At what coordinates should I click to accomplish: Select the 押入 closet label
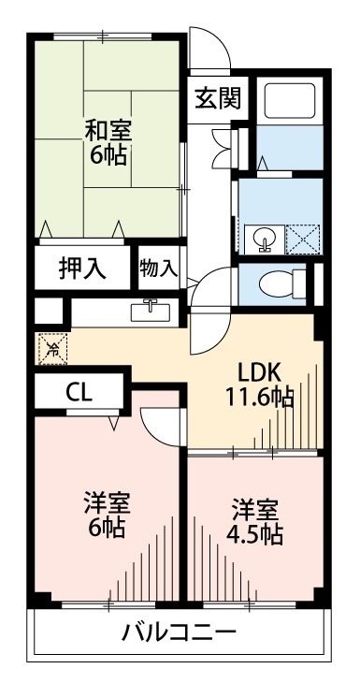pos(82,267)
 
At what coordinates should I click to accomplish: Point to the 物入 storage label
pos(158,267)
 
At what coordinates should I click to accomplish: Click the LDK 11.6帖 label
pos(258,384)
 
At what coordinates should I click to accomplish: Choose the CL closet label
pos(79,392)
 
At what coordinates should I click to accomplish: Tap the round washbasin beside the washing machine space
pos(263,239)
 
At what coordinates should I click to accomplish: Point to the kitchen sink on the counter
pos(150,309)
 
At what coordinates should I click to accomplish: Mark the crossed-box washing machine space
pos(303,239)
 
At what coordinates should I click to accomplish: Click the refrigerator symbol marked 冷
pos(52,351)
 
